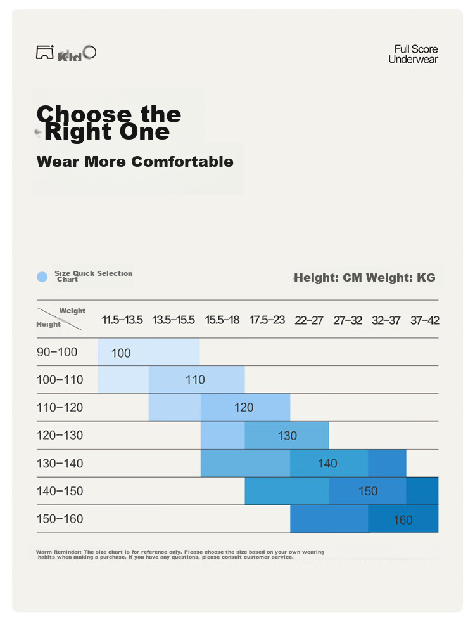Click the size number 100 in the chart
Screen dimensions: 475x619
[x=120, y=353]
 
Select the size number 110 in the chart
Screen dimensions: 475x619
[x=195, y=380]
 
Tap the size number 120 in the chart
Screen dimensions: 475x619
[x=244, y=407]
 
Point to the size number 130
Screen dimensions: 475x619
[x=287, y=436]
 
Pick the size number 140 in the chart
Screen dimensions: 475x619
[x=327, y=464]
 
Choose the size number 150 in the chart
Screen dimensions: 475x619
[x=368, y=491]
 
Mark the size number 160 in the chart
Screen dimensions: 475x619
[x=403, y=520]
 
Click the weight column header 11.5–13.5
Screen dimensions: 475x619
[x=122, y=320]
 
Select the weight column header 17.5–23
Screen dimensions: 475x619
[x=267, y=320]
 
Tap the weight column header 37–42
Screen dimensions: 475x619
[x=424, y=320]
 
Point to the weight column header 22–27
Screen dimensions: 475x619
[x=308, y=320]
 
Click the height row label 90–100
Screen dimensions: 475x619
[x=57, y=352]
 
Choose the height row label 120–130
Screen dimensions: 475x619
[x=60, y=435]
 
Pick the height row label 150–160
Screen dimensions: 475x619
[x=60, y=519]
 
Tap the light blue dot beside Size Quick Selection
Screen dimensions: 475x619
[x=42, y=277]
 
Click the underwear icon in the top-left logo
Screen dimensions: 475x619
[x=45, y=52]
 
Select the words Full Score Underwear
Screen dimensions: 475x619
[x=413, y=54]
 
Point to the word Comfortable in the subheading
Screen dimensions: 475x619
[x=182, y=162]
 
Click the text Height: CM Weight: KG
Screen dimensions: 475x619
[x=365, y=278]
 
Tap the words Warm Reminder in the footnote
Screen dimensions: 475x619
[x=58, y=552]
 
